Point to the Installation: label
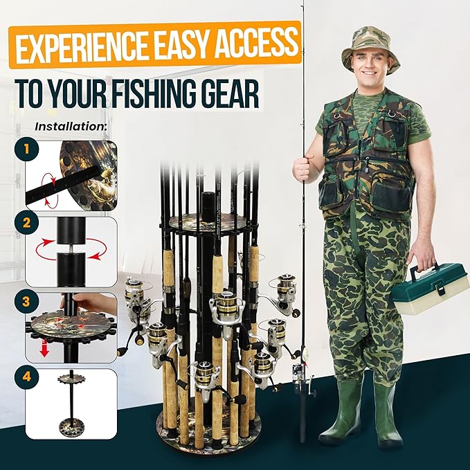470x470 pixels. [x=71, y=127]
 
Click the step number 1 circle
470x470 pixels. [x=27, y=149]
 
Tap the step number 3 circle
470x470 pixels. [x=27, y=301]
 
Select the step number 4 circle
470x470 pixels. [x=27, y=377]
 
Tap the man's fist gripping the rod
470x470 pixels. [x=304, y=169]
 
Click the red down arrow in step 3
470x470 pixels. [x=44, y=349]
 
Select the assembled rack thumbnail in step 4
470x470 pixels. [x=71, y=403]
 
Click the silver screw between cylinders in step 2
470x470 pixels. [x=71, y=248]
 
